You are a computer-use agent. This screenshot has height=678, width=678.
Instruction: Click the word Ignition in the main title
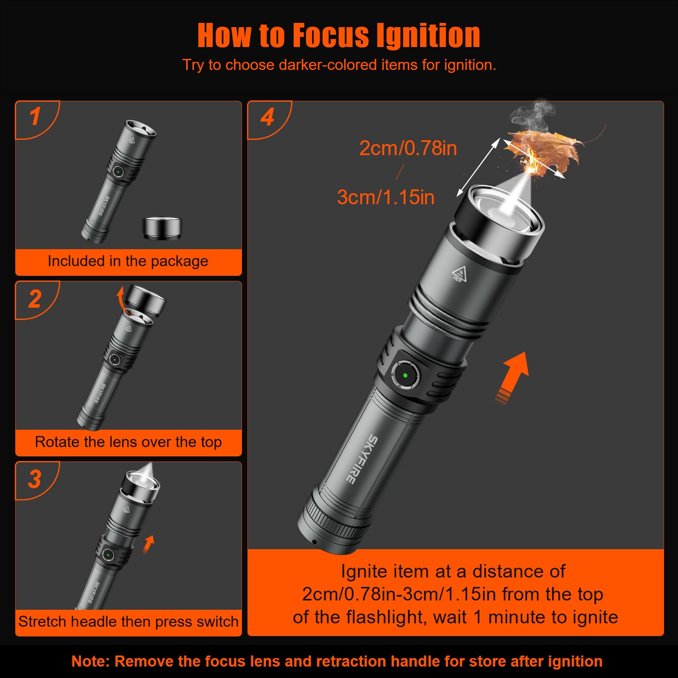(428, 36)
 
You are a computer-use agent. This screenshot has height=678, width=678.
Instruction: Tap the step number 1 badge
(35, 117)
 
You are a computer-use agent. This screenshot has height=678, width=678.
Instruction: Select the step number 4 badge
(267, 117)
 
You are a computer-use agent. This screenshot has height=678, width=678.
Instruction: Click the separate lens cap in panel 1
(161, 228)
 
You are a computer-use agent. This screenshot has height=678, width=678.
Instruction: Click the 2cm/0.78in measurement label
(408, 149)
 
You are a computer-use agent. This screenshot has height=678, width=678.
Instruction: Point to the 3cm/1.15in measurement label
(386, 197)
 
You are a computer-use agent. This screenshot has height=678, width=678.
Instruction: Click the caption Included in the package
(128, 261)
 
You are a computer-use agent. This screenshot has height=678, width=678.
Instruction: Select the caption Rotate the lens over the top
(128, 442)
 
